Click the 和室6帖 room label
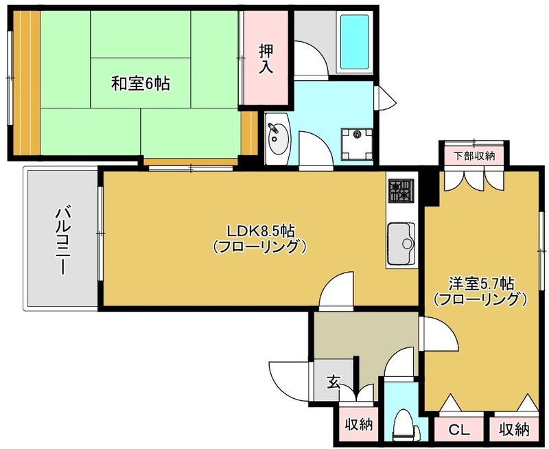coord(141,84)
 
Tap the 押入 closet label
coord(266,59)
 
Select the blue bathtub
coord(355,42)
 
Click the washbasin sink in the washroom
coord(279,139)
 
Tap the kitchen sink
coord(401,244)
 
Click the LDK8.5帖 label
coord(261,231)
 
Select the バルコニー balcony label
coord(64,241)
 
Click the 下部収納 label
coord(474,156)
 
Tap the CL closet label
coord(459,429)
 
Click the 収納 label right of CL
coord(514,429)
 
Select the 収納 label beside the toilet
coord(359,425)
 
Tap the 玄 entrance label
coord(334,382)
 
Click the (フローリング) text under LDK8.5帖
coord(260,247)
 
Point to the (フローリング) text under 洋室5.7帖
coord(480,299)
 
